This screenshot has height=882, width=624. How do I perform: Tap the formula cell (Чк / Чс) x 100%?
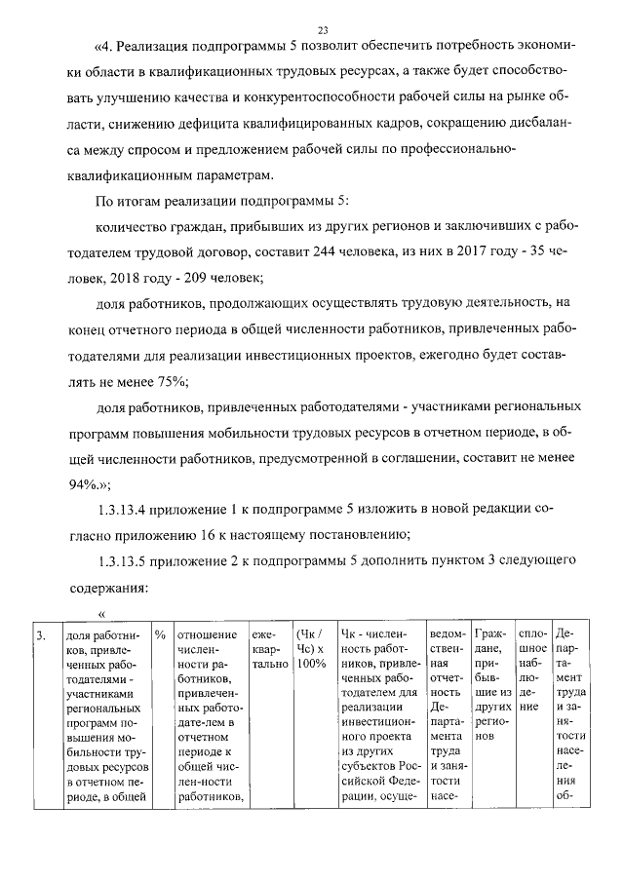coord(310,650)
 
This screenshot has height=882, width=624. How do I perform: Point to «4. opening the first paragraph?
coord(105,46)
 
